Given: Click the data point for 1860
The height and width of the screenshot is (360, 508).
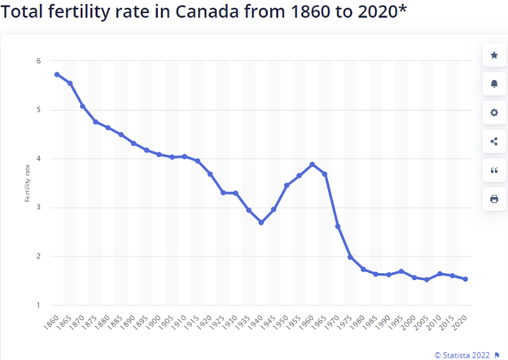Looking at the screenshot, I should [57, 74].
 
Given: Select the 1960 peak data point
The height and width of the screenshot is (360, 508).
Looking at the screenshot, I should [312, 165].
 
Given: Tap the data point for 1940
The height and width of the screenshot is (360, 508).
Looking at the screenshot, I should [261, 222].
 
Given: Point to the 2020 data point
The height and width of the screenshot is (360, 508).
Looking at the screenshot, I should [465, 279].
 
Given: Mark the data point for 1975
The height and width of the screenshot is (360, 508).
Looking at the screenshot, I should [350, 257].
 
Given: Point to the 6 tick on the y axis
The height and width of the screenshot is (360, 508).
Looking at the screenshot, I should [37, 61].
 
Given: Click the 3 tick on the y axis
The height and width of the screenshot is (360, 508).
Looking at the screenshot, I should [37, 208].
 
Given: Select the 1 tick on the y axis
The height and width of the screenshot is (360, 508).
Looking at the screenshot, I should [37, 305].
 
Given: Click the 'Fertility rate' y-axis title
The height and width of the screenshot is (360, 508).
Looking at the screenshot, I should [27, 182].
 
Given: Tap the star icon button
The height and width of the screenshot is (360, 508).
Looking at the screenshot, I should [494, 55].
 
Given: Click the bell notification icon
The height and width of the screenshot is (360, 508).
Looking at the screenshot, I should [494, 84].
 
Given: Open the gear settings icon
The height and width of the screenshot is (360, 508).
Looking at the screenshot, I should [494, 112].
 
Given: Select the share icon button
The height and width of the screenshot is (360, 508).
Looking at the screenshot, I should [494, 141].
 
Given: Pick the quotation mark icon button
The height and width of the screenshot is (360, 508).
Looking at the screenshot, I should [494, 169].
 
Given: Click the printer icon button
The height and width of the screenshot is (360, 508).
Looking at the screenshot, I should [494, 198].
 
